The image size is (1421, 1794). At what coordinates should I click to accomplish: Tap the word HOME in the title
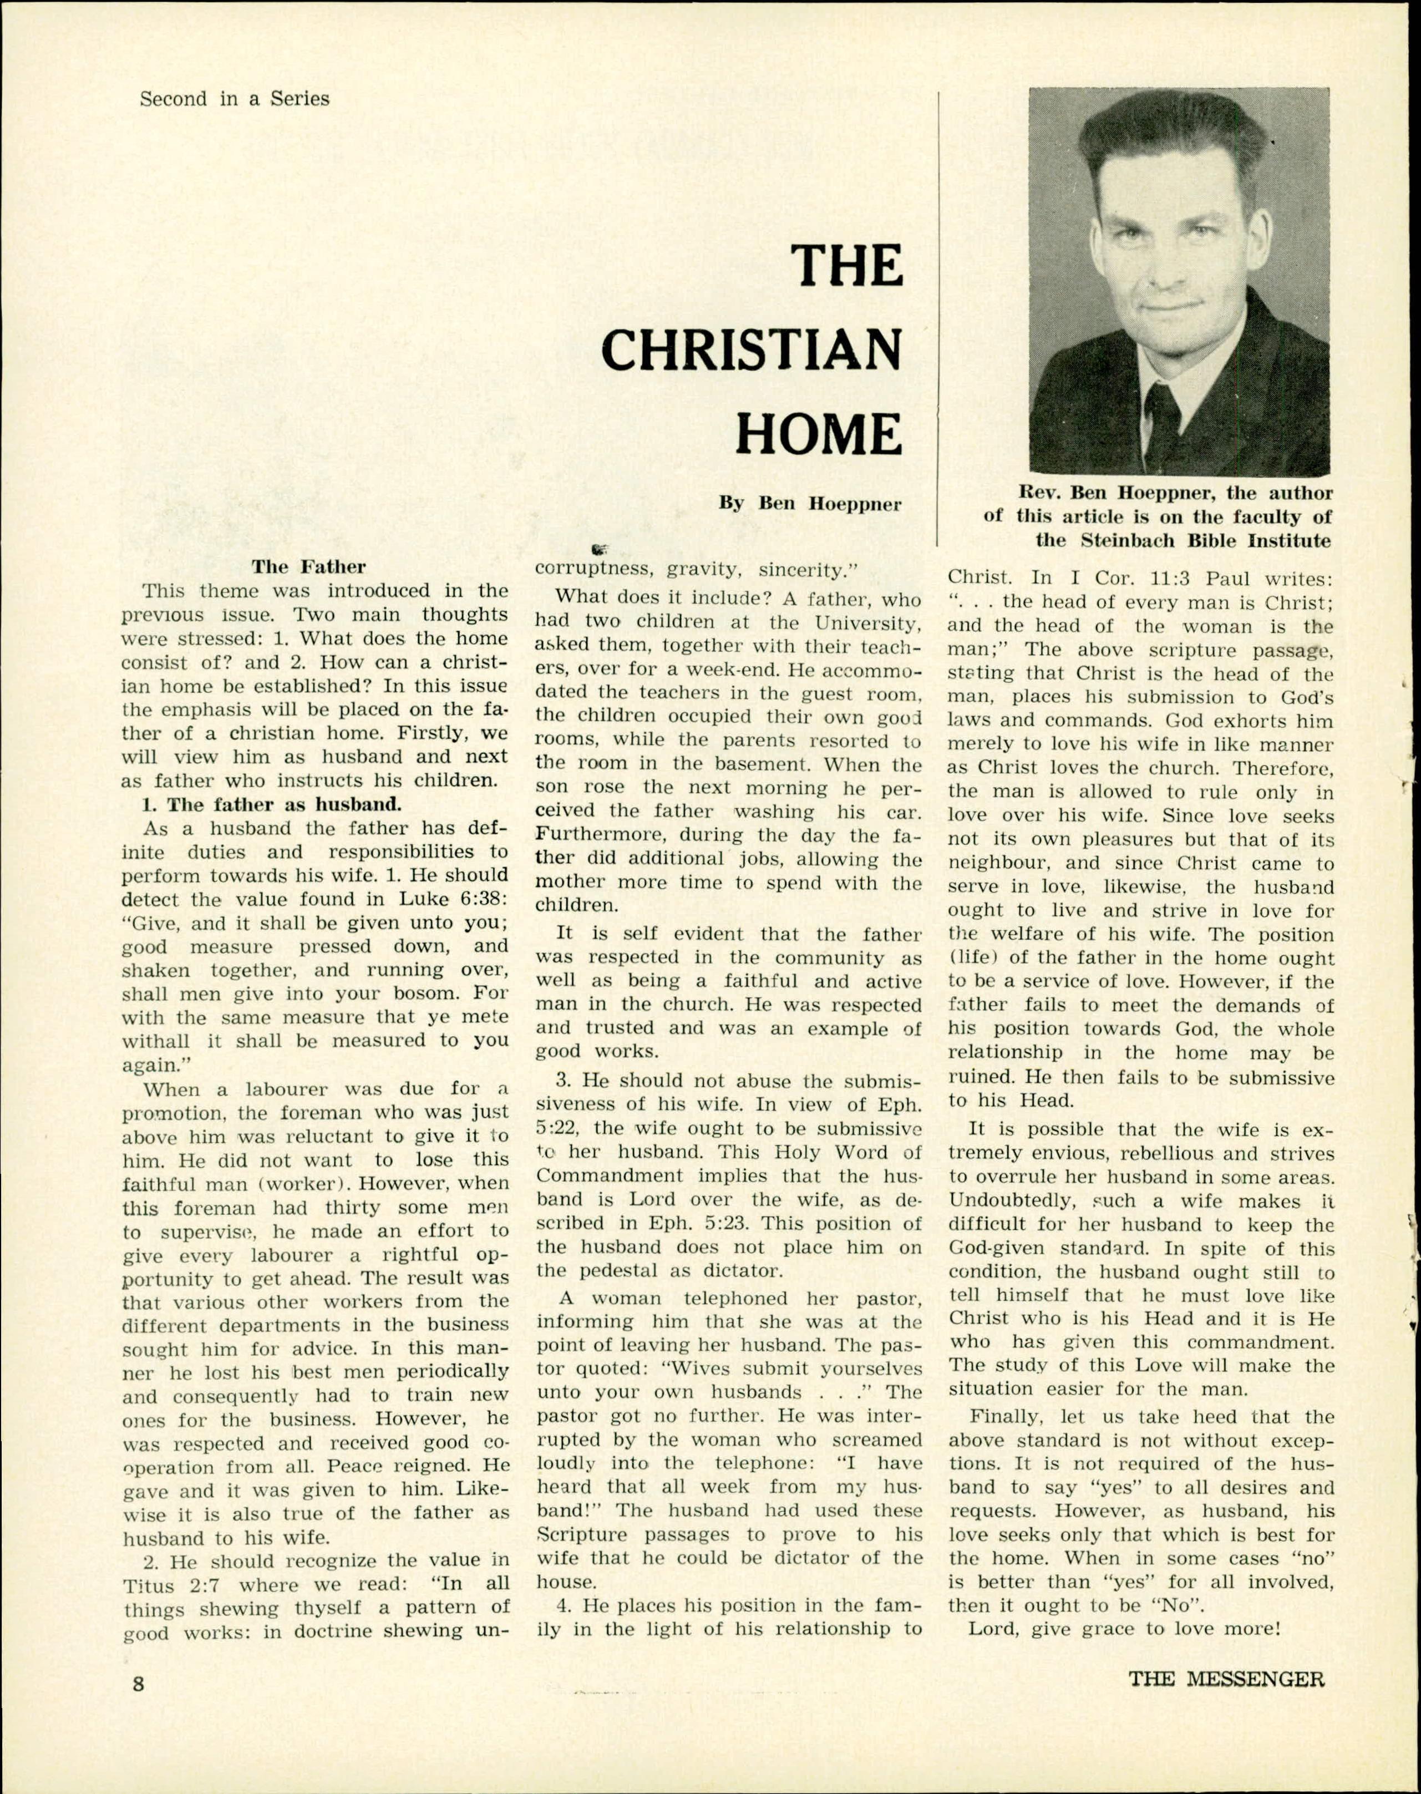[x=819, y=434]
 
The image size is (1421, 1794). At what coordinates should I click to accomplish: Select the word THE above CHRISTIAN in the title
[x=846, y=266]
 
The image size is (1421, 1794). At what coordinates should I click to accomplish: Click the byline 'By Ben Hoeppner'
[x=810, y=504]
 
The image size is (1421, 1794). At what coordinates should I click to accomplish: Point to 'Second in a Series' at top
[x=234, y=99]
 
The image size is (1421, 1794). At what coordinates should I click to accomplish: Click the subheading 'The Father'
[x=308, y=567]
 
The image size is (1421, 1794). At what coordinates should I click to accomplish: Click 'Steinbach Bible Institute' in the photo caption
[x=1206, y=541]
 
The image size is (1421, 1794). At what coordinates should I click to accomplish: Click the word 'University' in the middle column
[x=865, y=622]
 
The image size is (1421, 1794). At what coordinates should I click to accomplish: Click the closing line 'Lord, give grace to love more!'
[x=1123, y=1629]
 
